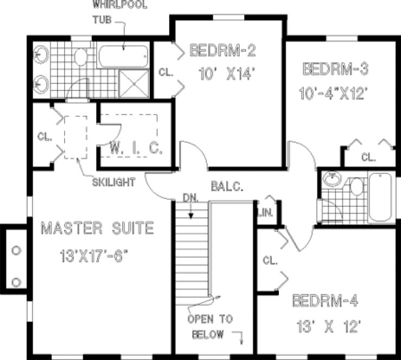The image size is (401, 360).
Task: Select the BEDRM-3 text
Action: point(336,69)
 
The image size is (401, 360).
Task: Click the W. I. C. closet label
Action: point(136,148)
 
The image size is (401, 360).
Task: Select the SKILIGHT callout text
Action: point(113,182)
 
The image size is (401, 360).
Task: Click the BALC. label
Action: point(227,186)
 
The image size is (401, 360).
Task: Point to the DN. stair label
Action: point(190,198)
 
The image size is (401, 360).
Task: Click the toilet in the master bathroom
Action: point(80,56)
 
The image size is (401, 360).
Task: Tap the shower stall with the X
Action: point(133,83)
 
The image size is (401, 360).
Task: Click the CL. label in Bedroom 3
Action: point(368,158)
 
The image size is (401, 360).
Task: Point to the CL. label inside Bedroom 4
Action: point(270,260)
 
